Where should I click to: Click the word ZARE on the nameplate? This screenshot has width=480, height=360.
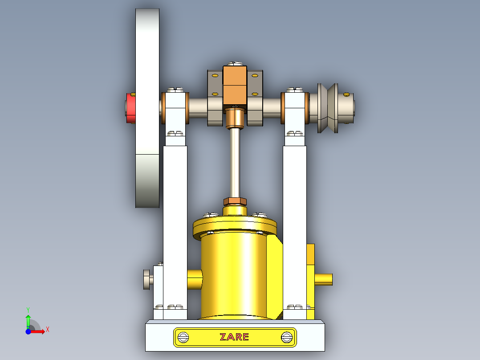[234, 337]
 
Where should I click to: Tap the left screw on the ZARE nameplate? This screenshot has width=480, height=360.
[183, 337]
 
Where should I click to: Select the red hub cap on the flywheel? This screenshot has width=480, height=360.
[131, 107]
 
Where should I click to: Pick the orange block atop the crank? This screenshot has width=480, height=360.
[235, 85]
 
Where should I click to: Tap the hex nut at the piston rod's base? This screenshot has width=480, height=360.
[235, 201]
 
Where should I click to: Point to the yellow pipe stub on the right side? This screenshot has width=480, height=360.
[324, 279]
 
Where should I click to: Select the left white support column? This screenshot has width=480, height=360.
[175, 223]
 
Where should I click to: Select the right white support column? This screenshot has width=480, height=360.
[295, 223]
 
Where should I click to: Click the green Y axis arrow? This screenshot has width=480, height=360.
[28, 319]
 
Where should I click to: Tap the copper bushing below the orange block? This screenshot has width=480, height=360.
[235, 118]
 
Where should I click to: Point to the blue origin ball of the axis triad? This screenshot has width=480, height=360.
[28, 331]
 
